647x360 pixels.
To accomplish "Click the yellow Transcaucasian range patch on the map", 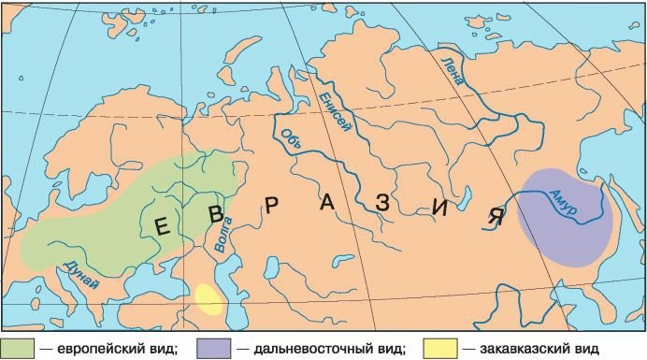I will tap(209, 299).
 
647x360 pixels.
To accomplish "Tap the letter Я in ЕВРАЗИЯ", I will tap(496, 218).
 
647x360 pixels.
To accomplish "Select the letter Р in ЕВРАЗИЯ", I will tap(271, 207).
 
